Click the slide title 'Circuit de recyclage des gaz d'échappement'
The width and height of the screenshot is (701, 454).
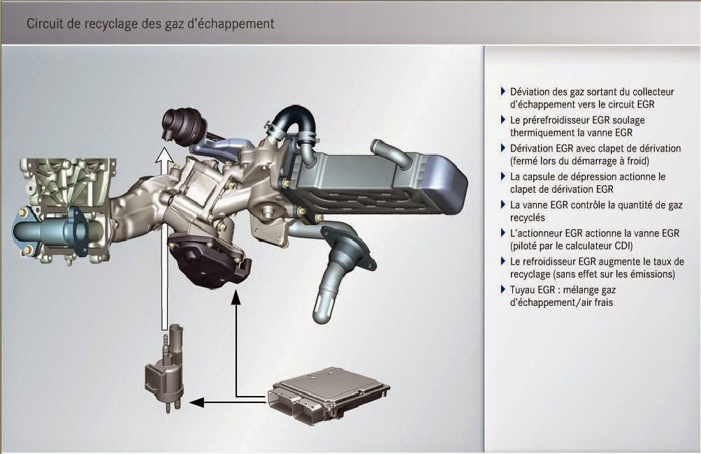(150, 23)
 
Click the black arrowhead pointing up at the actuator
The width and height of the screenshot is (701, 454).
(236, 298)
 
